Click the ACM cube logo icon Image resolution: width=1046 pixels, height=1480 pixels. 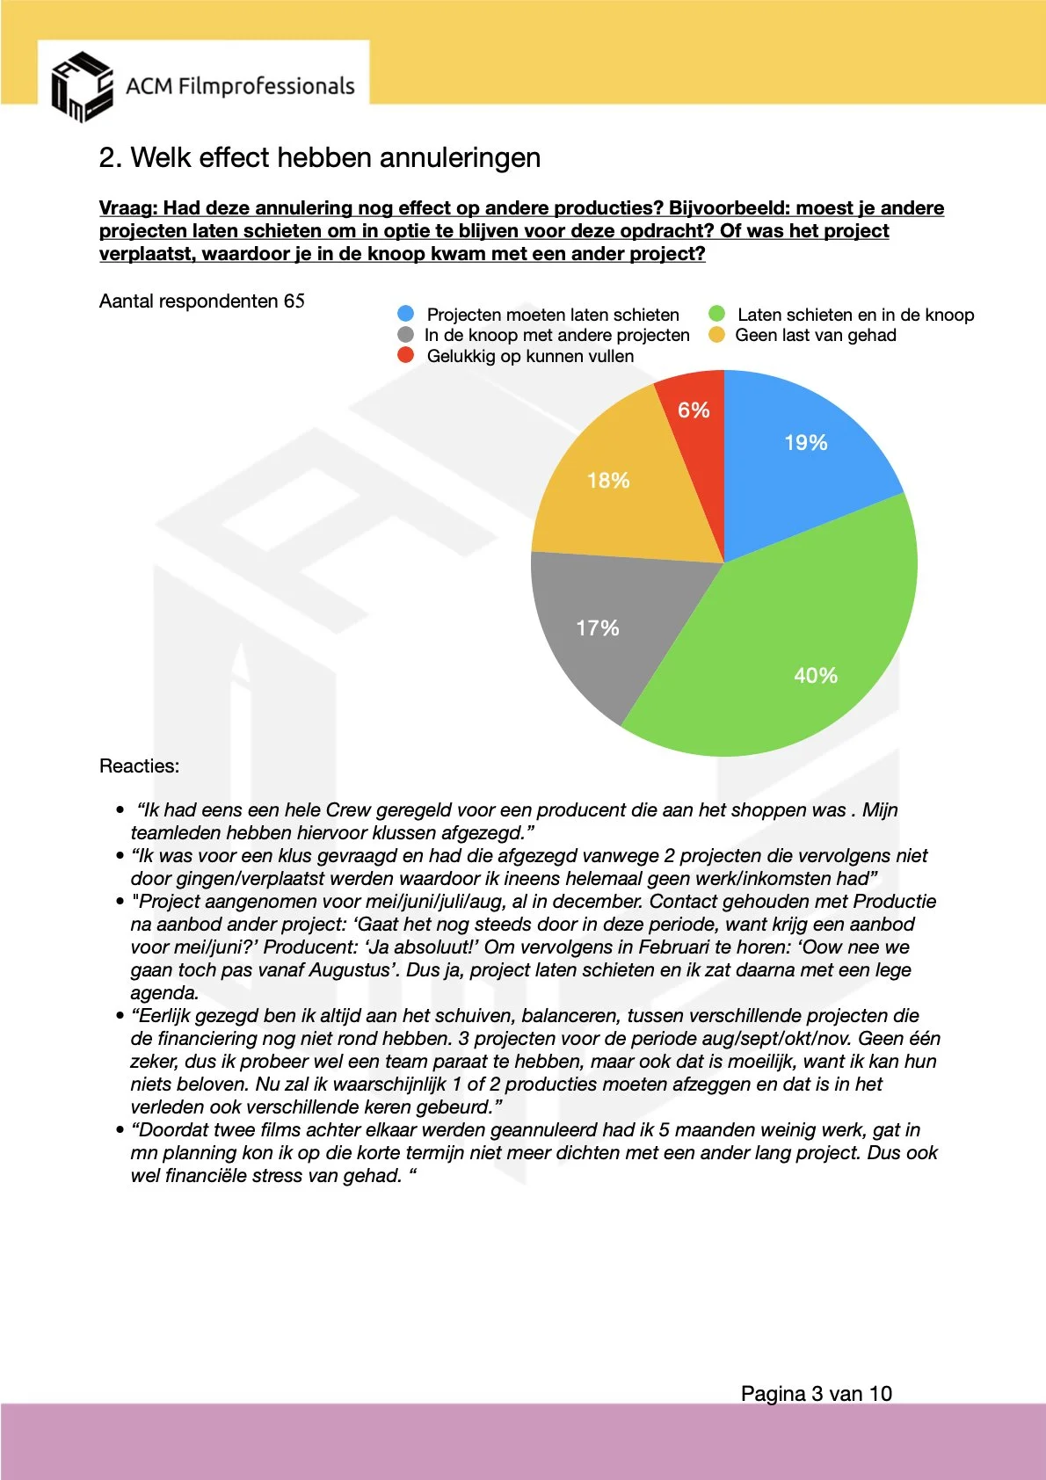click(81, 86)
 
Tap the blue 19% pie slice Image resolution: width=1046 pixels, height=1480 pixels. click(800, 457)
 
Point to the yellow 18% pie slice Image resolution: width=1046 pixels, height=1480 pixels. click(615, 492)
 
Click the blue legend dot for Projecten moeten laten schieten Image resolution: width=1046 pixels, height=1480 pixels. click(405, 314)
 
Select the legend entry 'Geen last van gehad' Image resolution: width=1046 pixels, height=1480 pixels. click(815, 335)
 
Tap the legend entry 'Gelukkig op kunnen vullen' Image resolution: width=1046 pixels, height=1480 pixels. click(530, 356)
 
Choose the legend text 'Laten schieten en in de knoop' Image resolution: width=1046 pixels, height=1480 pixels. click(855, 315)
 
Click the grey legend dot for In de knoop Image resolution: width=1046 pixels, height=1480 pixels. click(405, 335)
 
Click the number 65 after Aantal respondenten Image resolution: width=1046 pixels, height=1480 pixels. click(294, 301)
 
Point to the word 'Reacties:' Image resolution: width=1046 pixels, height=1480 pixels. click(139, 766)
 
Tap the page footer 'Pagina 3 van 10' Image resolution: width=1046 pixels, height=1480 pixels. click(816, 1394)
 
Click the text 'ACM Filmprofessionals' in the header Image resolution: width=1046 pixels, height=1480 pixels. click(240, 86)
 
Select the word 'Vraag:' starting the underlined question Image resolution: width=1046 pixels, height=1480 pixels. click(128, 208)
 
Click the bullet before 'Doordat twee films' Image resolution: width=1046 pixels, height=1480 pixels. click(120, 1130)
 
